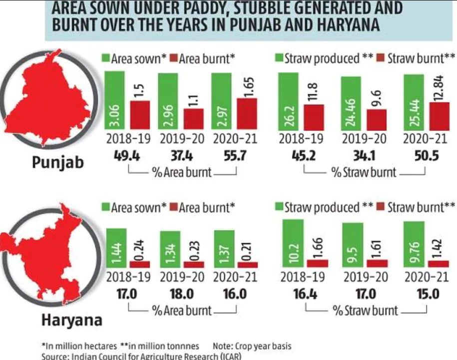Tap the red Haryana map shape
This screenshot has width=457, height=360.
point(47,250)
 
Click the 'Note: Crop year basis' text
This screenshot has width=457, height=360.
point(252,346)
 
